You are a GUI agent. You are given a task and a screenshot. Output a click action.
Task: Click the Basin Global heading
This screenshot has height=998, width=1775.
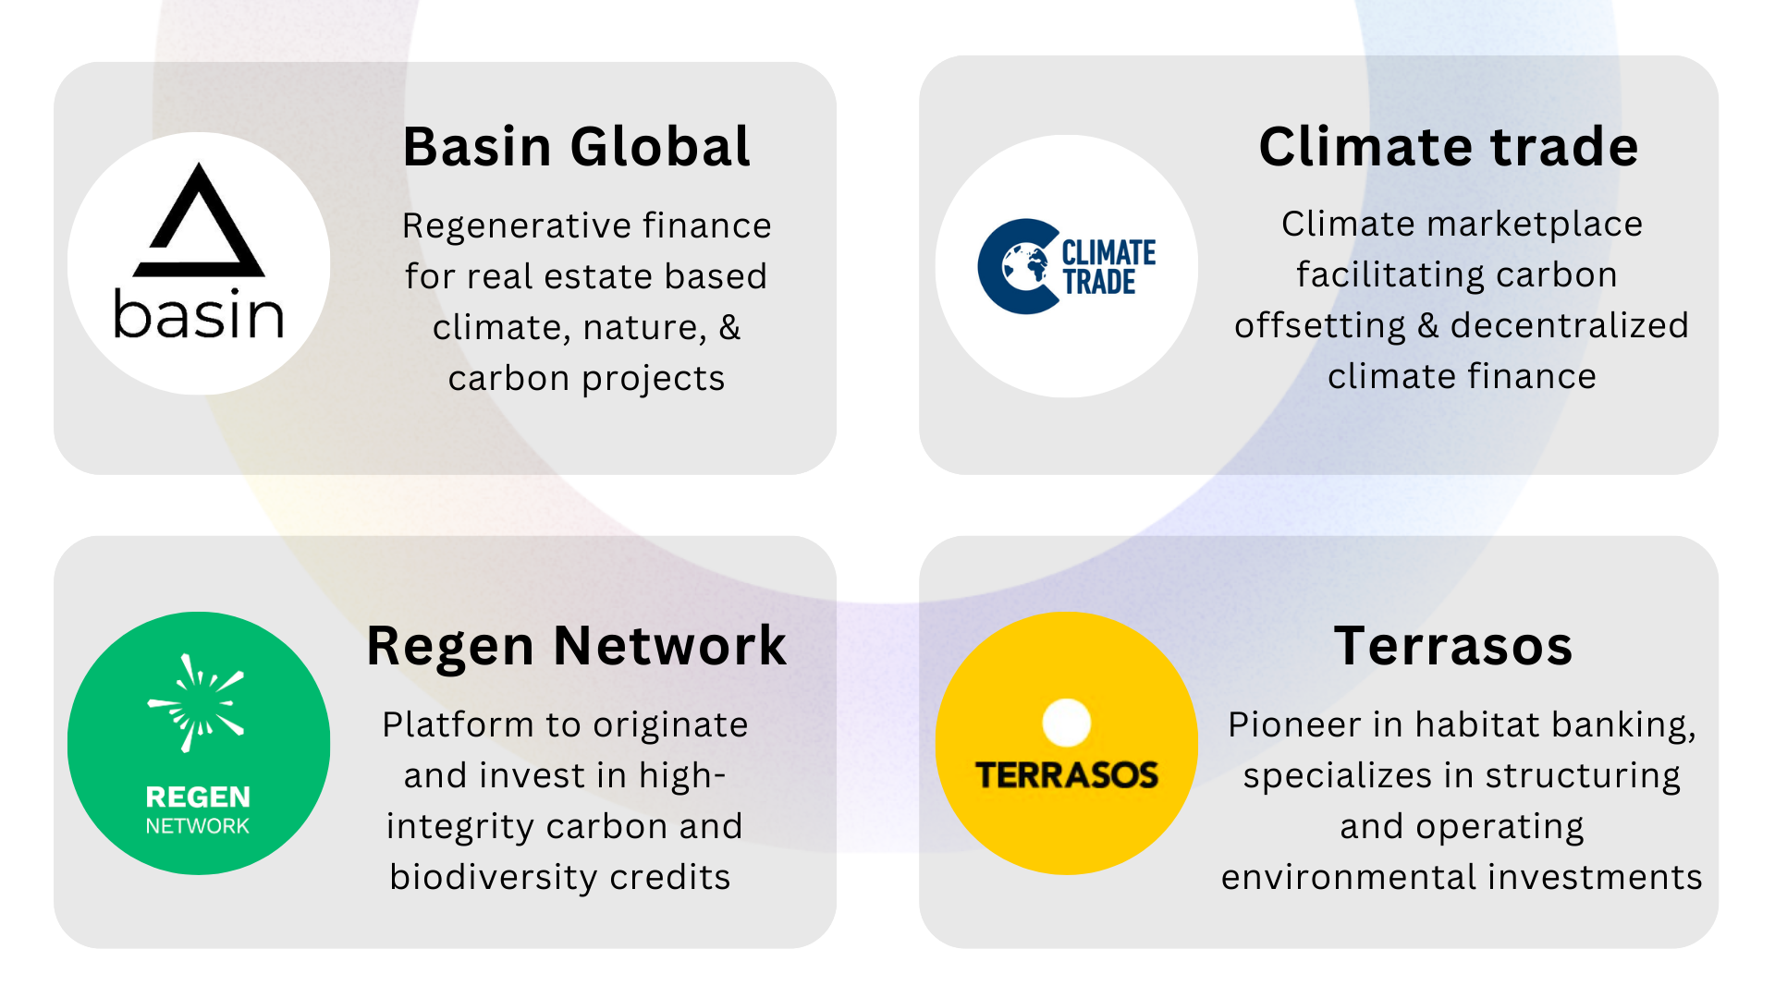coord(577,147)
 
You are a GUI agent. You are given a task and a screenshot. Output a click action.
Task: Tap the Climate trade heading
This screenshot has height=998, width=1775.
coord(1449,147)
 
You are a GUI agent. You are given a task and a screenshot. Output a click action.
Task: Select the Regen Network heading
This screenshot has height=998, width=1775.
coord(577,646)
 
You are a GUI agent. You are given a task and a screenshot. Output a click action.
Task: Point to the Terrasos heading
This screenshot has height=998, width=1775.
coord(1453,646)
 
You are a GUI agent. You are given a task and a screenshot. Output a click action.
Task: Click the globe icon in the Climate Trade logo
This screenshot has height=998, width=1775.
coord(1025,266)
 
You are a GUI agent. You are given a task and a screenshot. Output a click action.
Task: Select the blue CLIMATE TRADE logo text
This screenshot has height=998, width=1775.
coord(1108,267)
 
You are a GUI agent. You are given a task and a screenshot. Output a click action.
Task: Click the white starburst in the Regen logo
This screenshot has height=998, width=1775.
coord(196,702)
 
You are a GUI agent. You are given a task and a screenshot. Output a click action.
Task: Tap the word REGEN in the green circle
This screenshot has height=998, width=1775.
coord(198,797)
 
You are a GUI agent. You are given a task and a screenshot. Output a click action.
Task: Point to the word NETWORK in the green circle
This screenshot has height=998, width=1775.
coord(198,826)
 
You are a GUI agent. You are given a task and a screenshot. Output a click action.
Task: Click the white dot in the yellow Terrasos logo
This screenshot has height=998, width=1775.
coord(1067,723)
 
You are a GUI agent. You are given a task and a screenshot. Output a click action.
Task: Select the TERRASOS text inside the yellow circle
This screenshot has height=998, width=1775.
coord(1067,775)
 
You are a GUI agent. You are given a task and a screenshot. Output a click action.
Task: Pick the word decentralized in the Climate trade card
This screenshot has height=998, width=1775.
coord(1570,325)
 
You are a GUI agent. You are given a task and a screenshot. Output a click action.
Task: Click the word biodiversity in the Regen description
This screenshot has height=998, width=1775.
coord(495,877)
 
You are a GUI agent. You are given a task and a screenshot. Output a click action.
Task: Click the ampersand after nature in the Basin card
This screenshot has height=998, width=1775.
coord(729,327)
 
